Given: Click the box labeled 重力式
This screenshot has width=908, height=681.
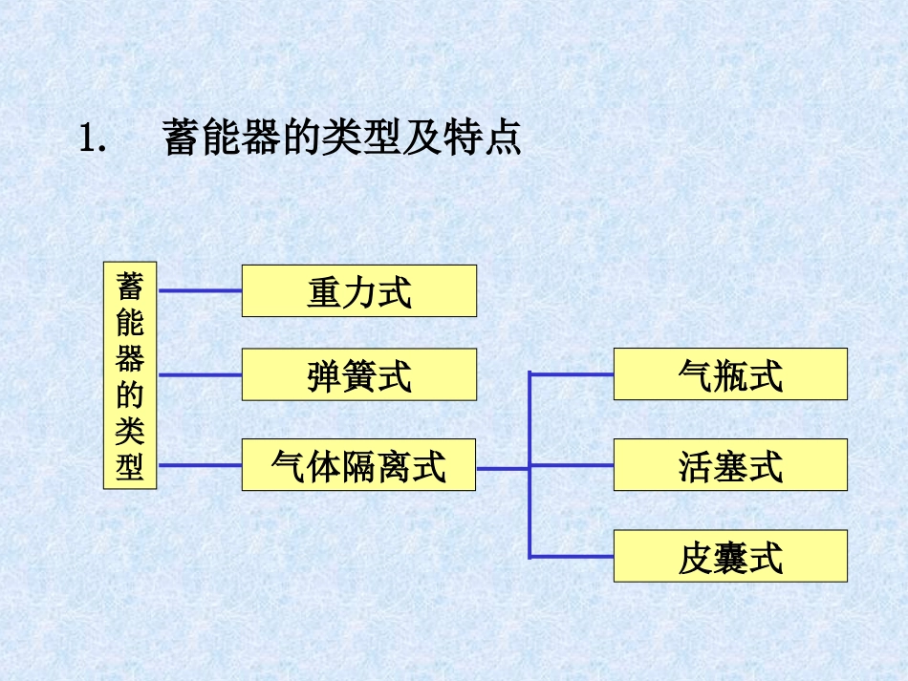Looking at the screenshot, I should click(358, 291).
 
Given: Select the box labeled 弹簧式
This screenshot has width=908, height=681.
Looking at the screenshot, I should click(358, 374).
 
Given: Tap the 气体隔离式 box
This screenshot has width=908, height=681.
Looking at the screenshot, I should click(358, 466).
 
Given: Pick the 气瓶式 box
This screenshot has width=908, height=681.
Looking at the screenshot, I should click(730, 374).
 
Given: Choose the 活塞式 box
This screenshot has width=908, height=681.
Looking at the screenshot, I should click(730, 465).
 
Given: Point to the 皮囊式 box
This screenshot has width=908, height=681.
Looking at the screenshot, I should click(730, 557).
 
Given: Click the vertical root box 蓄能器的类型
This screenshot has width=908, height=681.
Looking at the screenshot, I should click(130, 375).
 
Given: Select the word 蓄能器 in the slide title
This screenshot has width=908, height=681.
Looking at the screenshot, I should click(222, 138).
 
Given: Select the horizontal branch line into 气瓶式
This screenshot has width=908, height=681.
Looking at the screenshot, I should click(572, 373).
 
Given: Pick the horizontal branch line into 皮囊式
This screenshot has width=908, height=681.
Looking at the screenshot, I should click(572, 556).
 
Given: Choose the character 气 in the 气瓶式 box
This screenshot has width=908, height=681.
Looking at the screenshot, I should click(695, 375).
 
